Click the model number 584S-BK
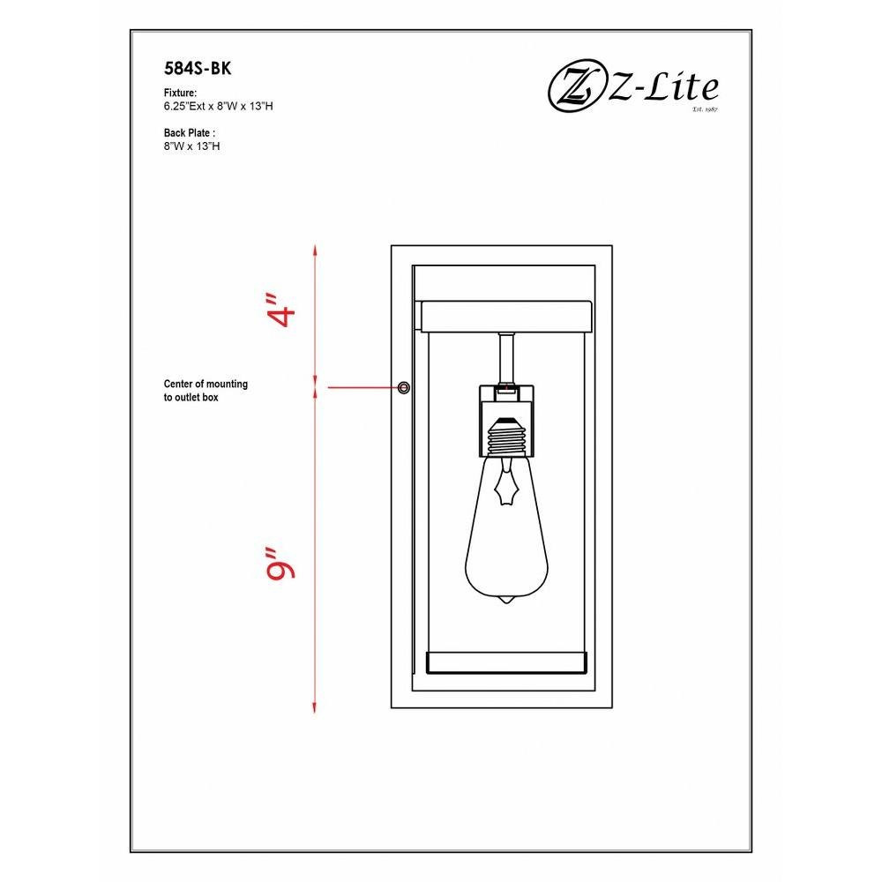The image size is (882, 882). point(198,68)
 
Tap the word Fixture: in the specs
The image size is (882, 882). point(180,93)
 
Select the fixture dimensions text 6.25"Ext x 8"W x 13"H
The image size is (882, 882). point(218,106)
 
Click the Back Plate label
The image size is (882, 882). point(190,133)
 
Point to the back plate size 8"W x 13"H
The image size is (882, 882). point(191,146)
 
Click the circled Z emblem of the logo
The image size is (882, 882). point(574,89)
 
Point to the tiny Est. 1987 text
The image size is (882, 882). point(706,109)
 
